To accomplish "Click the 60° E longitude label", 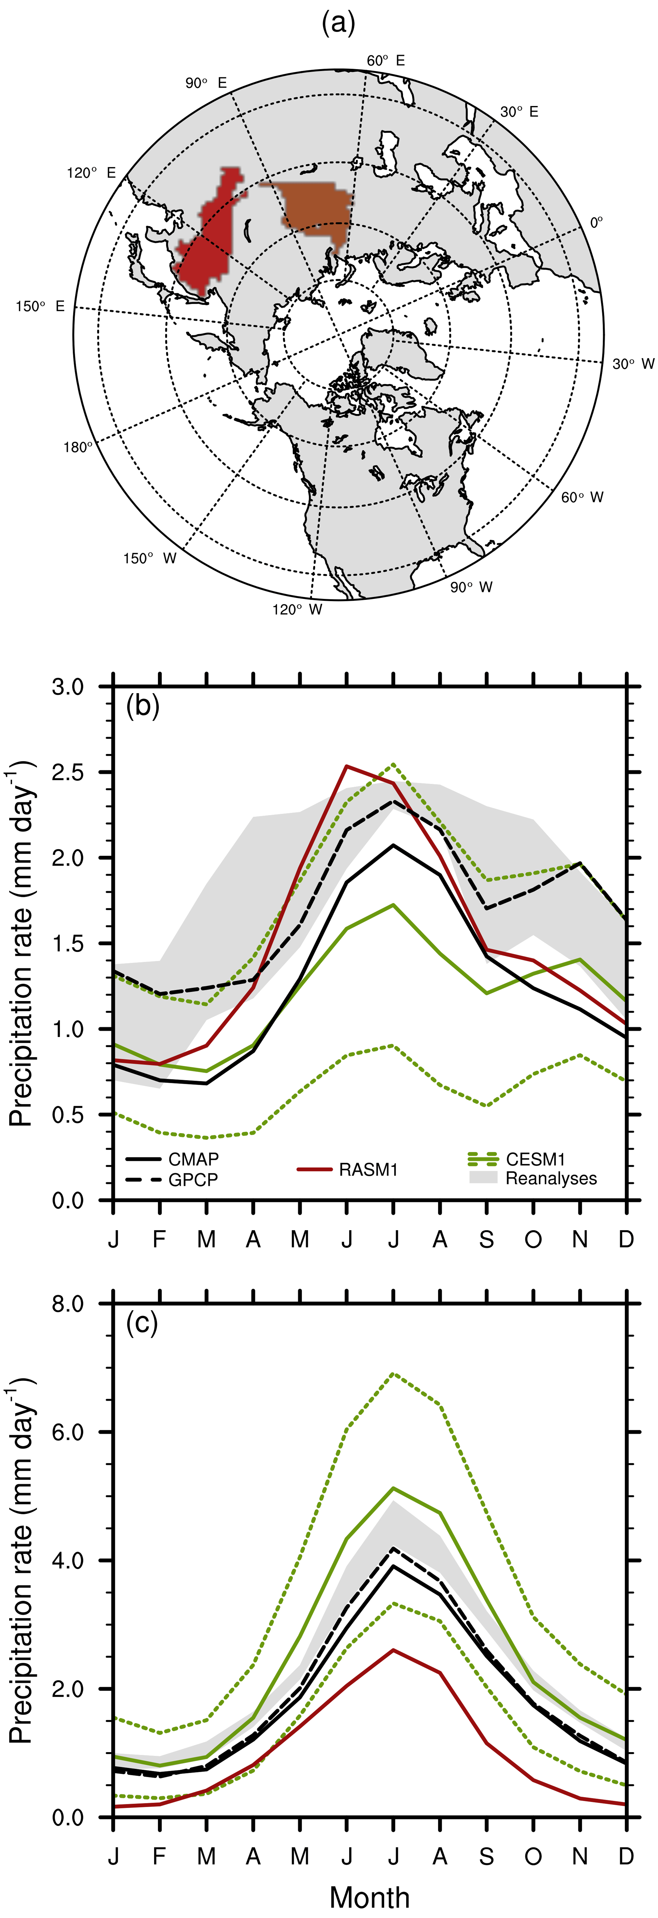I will pos(386,60).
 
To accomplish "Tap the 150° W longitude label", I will pos(150,558).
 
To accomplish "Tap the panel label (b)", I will pos(143,704).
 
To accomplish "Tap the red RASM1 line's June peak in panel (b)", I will pos(347,765).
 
